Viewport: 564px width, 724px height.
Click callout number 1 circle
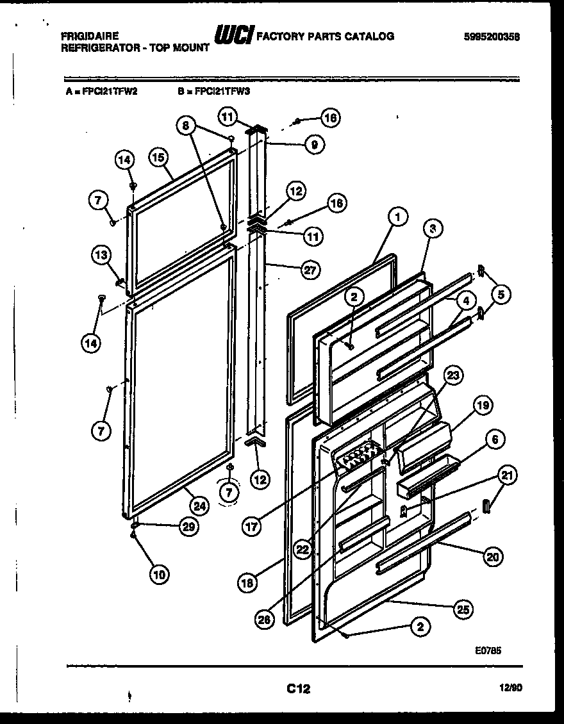click(x=397, y=218)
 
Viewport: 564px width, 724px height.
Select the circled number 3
click(x=433, y=227)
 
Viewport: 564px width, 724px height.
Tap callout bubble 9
click(x=313, y=144)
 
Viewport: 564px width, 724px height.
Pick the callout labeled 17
click(x=252, y=527)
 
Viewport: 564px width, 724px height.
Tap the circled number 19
click(x=483, y=405)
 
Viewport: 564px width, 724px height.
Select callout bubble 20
click(x=492, y=557)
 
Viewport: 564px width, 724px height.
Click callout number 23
click(x=453, y=376)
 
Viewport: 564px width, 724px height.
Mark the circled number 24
click(x=200, y=506)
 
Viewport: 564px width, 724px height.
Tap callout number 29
click(x=188, y=527)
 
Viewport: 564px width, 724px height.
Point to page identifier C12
click(x=298, y=689)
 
